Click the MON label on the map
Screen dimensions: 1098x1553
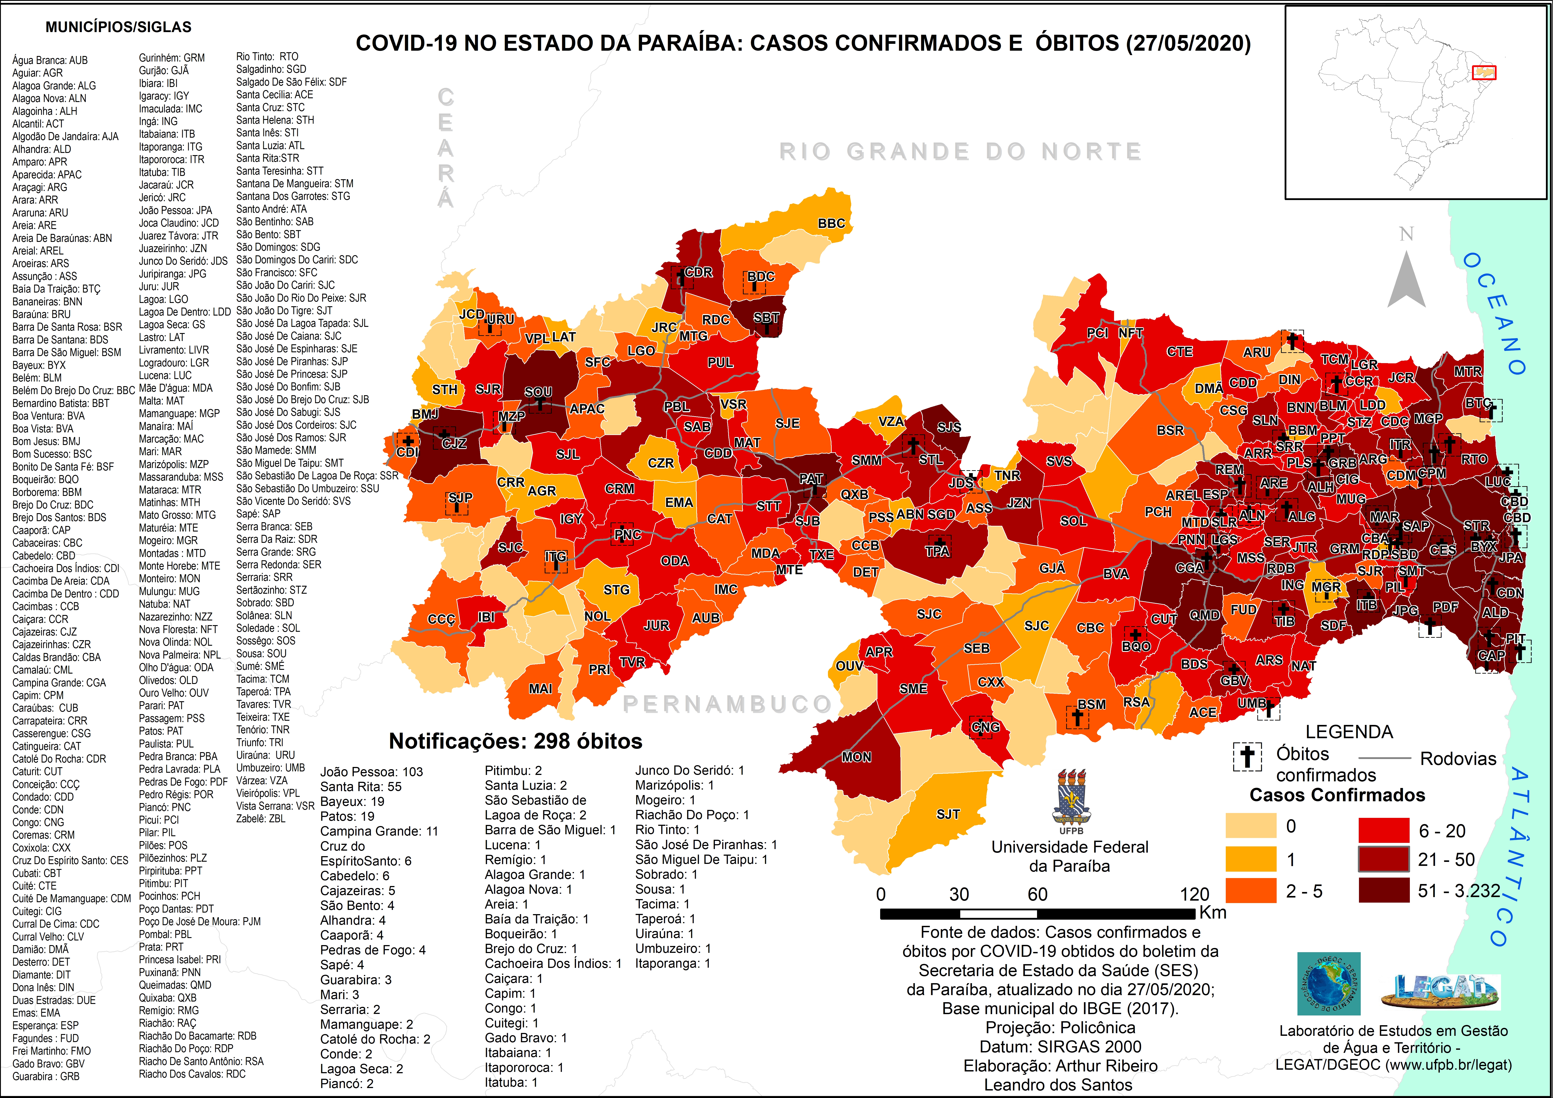856,757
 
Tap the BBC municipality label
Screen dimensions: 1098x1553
831,223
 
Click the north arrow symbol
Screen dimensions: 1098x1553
1406,277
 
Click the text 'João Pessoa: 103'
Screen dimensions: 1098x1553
371,772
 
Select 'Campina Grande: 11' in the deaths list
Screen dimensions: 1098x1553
379,831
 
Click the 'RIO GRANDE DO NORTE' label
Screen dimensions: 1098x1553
960,152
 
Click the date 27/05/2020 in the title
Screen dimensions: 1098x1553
1188,43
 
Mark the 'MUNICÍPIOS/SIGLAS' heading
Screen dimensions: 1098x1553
118,27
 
